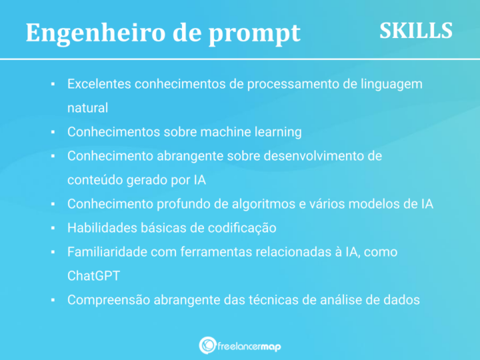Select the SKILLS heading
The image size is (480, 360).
coord(416,30)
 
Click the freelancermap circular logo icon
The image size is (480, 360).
coord(207,345)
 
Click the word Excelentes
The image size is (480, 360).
coord(99,85)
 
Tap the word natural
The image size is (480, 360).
coord(87,107)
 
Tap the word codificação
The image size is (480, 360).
coord(243,228)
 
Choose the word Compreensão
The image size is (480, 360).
coord(109,300)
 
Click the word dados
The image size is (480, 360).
coord(402,300)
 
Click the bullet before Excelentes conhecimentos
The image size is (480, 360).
coord(53,85)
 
